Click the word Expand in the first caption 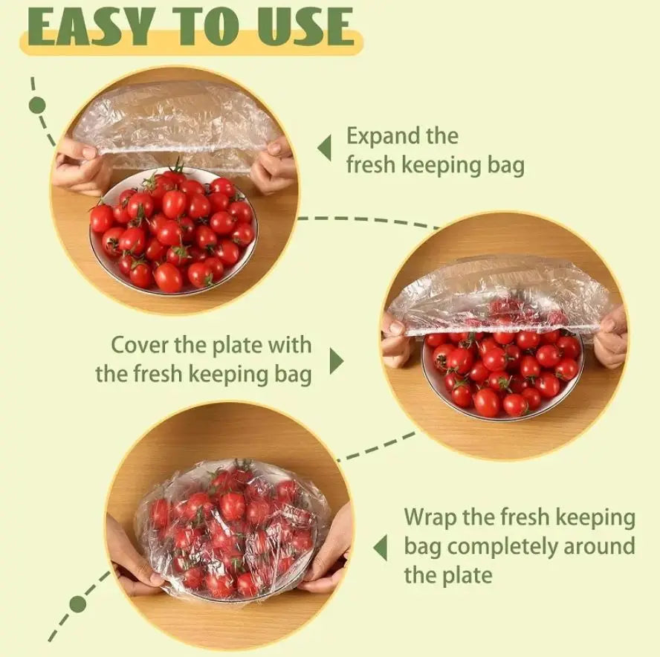(384, 137)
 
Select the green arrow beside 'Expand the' (324, 149)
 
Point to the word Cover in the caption (140, 345)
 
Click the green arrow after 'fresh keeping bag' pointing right (336, 362)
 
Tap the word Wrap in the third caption (429, 517)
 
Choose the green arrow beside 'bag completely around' (381, 548)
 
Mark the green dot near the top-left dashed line (36, 105)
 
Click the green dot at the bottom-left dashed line (77, 603)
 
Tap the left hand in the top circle (78, 166)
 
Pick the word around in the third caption (598, 547)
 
